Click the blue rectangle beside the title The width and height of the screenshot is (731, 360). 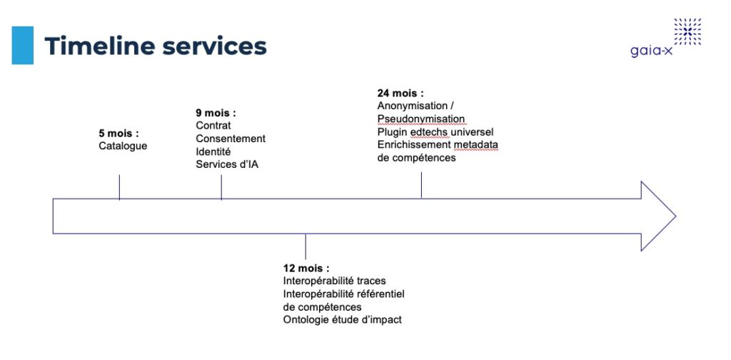(x=22, y=45)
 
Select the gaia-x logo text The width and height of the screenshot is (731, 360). (x=652, y=51)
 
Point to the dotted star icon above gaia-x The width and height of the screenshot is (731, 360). (x=687, y=31)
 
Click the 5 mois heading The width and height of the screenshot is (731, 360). (x=119, y=134)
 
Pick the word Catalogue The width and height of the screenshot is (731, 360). (x=123, y=146)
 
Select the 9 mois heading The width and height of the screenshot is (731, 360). (x=216, y=113)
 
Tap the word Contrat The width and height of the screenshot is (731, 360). (x=213, y=126)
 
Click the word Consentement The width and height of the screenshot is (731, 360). (x=231, y=139)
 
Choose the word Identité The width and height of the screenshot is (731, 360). (x=213, y=151)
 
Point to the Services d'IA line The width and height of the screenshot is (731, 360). (x=227, y=164)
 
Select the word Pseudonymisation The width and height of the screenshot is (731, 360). (x=421, y=119)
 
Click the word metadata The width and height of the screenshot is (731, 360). (x=476, y=145)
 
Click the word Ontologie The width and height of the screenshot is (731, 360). (x=303, y=320)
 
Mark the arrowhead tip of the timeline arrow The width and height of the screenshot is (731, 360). (x=675, y=216)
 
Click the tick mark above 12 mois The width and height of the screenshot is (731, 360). (x=306, y=246)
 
